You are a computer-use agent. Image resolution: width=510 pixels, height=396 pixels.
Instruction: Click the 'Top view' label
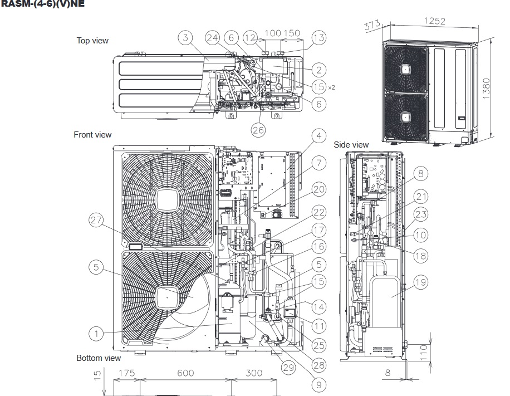coord(92,41)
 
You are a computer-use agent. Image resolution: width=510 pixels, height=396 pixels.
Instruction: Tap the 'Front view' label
coord(92,135)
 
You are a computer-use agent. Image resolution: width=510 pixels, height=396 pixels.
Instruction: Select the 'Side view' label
coord(351,145)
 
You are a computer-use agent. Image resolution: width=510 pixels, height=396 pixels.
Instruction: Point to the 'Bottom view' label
coord(99,358)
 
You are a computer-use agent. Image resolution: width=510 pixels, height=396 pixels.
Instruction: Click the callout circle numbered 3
coord(186,38)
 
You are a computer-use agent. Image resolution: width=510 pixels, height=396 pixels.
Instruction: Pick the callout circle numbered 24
coord(212,38)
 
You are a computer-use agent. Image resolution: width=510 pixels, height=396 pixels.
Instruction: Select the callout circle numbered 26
coord(258,130)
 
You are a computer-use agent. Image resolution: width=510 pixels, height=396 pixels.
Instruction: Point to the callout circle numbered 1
coord(96,334)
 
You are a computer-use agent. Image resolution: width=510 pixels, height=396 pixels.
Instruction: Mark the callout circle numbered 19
coord(420,282)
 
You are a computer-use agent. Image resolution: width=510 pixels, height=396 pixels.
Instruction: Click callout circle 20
coord(318,189)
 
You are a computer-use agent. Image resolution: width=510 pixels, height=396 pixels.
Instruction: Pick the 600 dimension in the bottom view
coord(186,374)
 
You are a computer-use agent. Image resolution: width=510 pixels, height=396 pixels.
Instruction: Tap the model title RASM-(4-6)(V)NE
coord(35,3)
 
